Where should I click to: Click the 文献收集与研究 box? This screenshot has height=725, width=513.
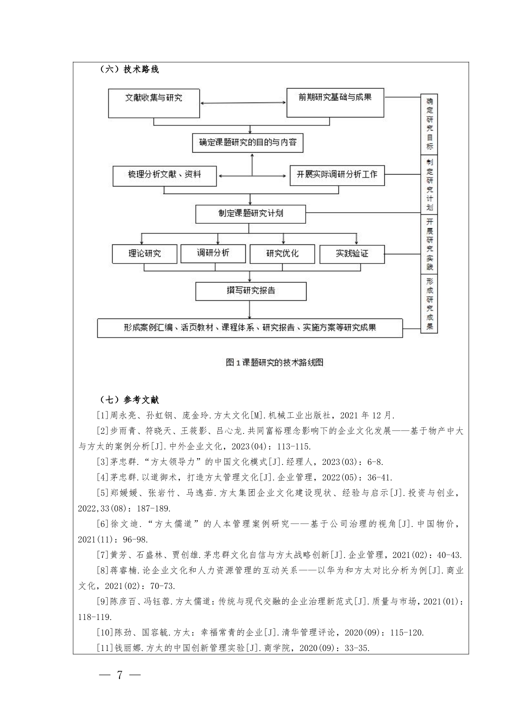pyautogui.click(x=153, y=103)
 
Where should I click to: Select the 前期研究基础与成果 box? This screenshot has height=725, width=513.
pyautogui.click(x=335, y=103)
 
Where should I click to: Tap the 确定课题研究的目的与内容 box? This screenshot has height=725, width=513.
pyautogui.click(x=248, y=143)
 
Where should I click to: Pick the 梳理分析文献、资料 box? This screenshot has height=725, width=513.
pyautogui.click(x=164, y=175)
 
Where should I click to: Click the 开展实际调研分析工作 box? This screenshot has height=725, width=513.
pyautogui.click(x=337, y=175)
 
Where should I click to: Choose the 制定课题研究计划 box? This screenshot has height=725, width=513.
pyautogui.click(x=251, y=214)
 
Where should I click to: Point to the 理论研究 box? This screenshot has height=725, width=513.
pyautogui.click(x=144, y=254)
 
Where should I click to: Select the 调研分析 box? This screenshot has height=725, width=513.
pyautogui.click(x=213, y=254)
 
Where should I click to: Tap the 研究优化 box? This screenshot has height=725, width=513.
pyautogui.click(x=282, y=254)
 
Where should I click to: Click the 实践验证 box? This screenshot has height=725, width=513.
pyautogui.click(x=352, y=254)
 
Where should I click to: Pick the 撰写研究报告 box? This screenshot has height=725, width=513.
pyautogui.click(x=251, y=291)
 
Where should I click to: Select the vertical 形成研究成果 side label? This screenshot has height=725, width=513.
pyautogui.click(x=429, y=304)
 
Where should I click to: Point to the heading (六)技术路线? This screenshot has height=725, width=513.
pyautogui.click(x=129, y=69)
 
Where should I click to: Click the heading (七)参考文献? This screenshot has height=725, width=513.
pyautogui.click(x=129, y=400)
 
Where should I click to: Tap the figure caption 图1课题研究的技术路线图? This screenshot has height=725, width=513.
pyautogui.click(x=274, y=363)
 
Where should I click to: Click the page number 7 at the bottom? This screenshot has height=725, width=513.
pyautogui.click(x=120, y=675)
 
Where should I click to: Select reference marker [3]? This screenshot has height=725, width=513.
pyautogui.click(x=102, y=462)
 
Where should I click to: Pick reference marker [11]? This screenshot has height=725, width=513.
pyautogui.click(x=104, y=648)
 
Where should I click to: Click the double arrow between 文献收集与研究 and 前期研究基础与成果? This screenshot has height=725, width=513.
pyautogui.click(x=243, y=103)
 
